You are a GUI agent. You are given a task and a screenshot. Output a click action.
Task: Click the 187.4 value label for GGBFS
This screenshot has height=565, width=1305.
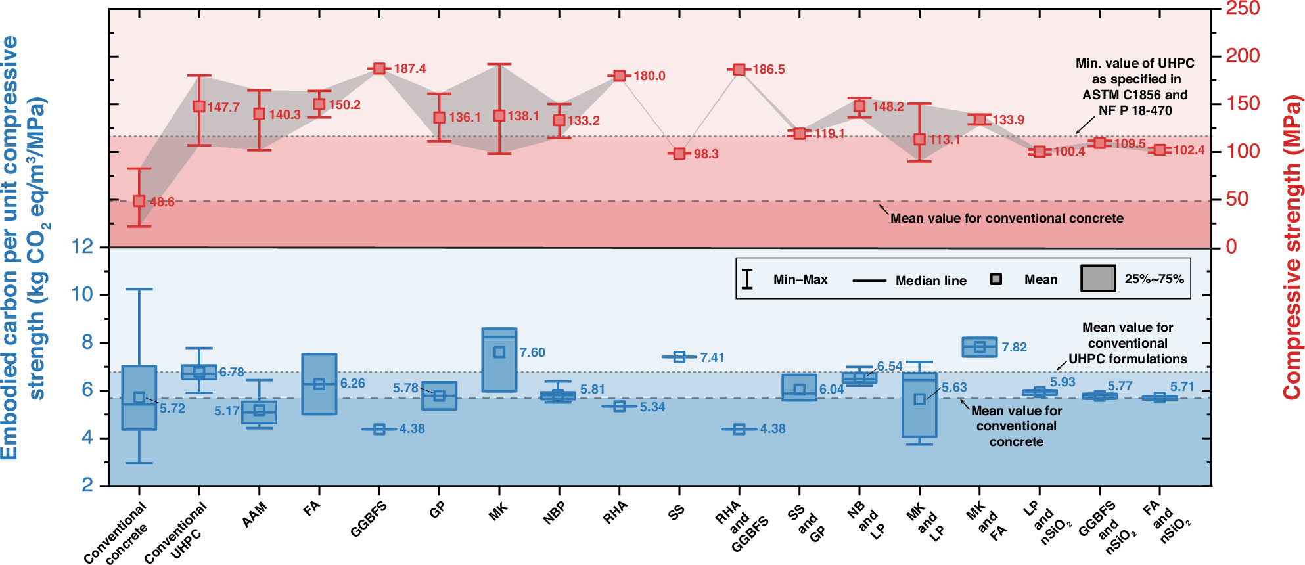tap(409, 69)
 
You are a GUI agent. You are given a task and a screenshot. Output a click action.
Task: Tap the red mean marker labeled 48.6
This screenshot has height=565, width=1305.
tap(139, 201)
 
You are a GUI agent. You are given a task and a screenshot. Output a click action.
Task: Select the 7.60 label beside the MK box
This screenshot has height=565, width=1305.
tap(532, 353)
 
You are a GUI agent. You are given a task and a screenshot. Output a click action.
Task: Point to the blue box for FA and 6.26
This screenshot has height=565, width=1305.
tap(319, 384)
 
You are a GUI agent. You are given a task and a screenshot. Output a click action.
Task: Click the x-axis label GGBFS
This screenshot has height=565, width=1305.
tap(368, 519)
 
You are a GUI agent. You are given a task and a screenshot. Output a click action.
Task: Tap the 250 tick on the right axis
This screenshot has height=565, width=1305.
tap(1243, 9)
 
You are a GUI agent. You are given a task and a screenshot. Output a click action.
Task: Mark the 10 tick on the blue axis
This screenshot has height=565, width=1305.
tap(83, 294)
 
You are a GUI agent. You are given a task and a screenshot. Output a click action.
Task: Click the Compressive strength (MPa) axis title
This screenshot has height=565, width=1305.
tap(1293, 247)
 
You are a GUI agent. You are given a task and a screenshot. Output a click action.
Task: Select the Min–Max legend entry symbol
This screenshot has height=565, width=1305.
tap(747, 279)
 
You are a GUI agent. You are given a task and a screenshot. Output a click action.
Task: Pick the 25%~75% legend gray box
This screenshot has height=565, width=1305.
tap(1098, 279)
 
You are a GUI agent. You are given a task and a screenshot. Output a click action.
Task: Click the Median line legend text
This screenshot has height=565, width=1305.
tap(930, 281)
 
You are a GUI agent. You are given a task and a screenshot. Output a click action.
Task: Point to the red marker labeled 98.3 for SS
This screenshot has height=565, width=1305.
tap(679, 154)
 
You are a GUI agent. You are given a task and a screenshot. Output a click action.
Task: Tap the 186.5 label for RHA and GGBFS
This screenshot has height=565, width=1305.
tap(769, 70)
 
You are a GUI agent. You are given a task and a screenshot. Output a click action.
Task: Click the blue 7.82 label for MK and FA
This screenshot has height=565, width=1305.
tap(1014, 348)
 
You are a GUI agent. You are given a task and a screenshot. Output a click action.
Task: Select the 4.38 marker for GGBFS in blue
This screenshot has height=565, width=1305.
tap(379, 430)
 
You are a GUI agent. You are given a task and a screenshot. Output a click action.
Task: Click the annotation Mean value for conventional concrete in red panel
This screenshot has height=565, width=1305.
tap(1007, 219)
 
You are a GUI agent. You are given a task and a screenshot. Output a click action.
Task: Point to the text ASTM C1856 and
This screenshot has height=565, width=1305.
tap(1135, 95)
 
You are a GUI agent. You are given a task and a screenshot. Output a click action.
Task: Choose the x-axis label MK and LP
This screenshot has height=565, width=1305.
tap(927, 522)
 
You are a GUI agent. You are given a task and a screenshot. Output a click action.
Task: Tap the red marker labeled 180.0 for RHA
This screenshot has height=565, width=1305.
tap(619, 76)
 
